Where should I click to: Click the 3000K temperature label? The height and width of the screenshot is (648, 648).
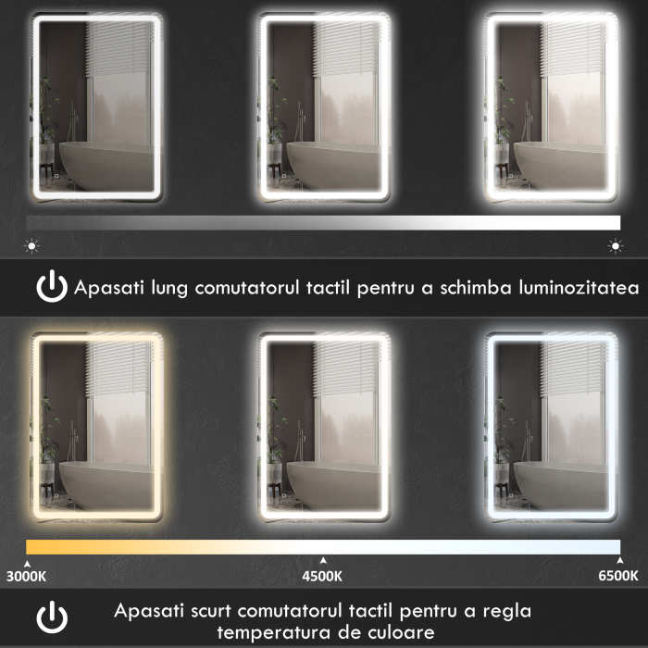(26, 576)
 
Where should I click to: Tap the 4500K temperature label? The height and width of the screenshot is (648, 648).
(322, 576)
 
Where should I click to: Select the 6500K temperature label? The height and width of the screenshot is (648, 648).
(617, 576)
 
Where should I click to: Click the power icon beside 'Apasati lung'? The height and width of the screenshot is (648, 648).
(52, 287)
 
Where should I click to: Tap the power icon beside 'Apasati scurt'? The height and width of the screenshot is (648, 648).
(52, 617)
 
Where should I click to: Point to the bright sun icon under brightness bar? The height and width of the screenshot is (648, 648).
(614, 246)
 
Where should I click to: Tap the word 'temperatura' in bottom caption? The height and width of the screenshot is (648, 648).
(268, 632)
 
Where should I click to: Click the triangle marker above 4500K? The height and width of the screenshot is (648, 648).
(322, 560)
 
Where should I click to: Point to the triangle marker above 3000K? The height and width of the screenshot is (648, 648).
(27, 561)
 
